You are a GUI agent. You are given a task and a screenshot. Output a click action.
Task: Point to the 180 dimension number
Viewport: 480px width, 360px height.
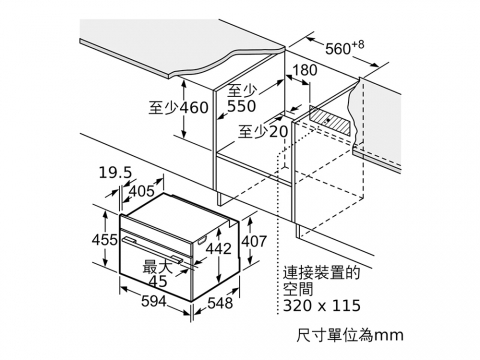(305, 70)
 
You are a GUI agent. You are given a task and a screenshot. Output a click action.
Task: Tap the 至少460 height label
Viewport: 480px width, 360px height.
(178, 107)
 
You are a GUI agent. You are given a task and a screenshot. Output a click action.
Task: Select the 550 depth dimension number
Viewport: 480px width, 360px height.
(242, 106)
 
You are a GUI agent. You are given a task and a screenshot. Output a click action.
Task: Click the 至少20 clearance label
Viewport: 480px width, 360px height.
(263, 132)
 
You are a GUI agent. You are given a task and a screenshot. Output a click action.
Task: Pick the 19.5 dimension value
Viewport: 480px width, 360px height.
(115, 173)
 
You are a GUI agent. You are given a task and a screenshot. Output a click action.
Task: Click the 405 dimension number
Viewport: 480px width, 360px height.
(142, 191)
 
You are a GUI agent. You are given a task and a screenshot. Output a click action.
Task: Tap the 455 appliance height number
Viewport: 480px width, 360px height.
(105, 240)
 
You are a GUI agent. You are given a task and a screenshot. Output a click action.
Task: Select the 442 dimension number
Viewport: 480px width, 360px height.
(218, 249)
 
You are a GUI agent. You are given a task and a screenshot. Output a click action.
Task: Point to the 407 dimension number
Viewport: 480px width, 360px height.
(254, 241)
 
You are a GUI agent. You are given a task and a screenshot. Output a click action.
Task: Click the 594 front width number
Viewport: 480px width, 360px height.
(154, 302)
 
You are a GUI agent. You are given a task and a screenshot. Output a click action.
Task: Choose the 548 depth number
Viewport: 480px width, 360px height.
(220, 303)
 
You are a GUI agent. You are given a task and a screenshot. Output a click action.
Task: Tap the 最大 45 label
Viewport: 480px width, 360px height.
(158, 274)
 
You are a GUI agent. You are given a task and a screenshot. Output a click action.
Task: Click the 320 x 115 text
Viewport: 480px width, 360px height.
(322, 305)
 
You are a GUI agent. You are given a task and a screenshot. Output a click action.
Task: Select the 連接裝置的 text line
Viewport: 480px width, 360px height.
(322, 273)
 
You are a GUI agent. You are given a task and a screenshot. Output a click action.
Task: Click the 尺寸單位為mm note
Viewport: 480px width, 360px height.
(350, 335)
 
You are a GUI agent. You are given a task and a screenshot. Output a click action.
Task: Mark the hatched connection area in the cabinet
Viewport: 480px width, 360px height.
(330, 121)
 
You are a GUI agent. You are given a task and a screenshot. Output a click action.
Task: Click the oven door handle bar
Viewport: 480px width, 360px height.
(152, 248)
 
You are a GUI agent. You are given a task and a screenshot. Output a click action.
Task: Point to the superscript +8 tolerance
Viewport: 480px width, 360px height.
(358, 44)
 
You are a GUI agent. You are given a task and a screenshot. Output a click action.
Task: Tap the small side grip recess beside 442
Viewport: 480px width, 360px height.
(202, 240)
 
